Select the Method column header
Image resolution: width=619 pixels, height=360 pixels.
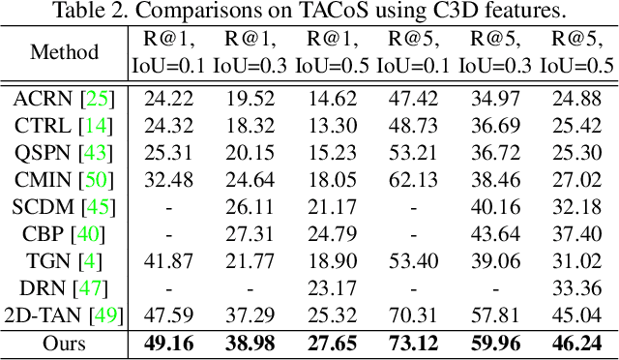coord(64,52)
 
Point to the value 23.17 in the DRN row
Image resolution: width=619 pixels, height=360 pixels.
coord(328,287)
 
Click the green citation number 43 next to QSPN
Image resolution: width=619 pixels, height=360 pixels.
coord(98,152)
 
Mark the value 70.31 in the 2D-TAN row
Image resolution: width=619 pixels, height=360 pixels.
coord(411,315)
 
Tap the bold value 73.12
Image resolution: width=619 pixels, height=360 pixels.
coord(411,343)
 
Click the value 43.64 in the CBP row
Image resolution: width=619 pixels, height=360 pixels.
coord(494,233)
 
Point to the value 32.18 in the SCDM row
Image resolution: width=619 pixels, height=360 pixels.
coord(576,206)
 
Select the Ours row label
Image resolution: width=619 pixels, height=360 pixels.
coord(64,343)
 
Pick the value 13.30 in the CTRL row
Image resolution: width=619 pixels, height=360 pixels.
coord(328,125)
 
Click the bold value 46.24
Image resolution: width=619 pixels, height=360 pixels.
coord(576,343)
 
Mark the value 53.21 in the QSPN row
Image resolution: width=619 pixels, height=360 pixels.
coord(411,152)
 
